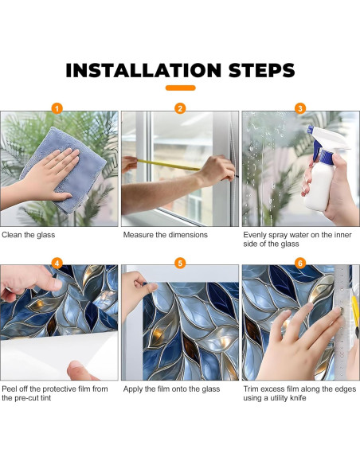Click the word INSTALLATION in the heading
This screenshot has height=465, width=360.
143,70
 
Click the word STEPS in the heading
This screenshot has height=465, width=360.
261,70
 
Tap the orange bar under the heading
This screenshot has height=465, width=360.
180,88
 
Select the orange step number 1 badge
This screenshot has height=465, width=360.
57,108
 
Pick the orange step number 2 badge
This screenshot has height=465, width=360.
180,108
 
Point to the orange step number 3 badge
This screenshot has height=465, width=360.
300,108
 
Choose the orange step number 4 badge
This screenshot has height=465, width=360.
57,263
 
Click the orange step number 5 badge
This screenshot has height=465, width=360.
180,263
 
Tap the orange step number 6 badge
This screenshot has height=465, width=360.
300,263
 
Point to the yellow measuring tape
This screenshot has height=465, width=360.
169,165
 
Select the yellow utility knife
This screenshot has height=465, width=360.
355,315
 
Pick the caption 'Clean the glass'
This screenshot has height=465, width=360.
28,235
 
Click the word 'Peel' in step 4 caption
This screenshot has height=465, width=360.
10,389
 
